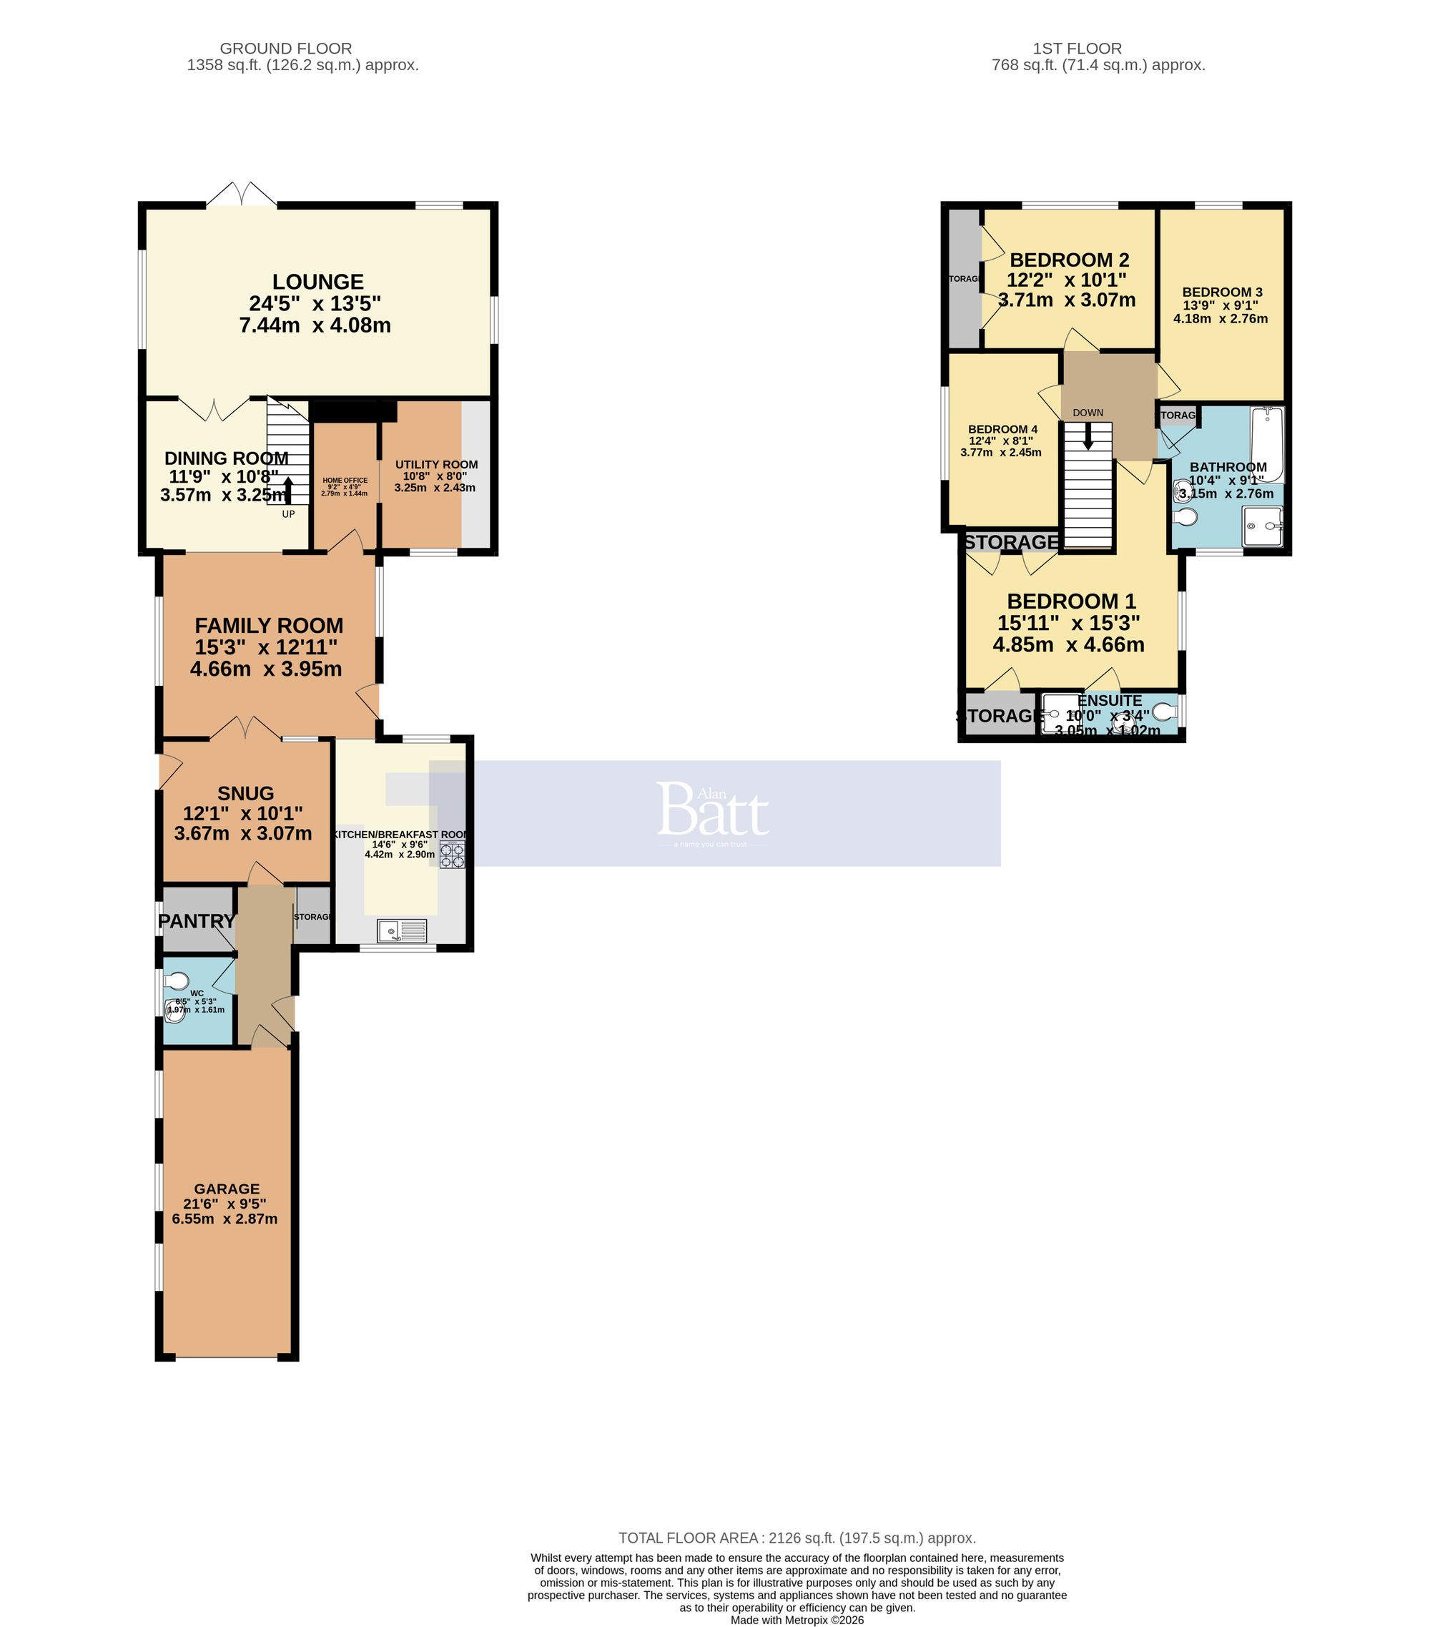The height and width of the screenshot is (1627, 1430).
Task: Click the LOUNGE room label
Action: pyautogui.click(x=317, y=282)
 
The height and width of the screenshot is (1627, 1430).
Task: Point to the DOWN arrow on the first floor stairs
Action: pyautogui.click(x=1087, y=436)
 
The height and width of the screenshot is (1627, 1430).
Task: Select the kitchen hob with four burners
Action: pyautogui.click(x=453, y=855)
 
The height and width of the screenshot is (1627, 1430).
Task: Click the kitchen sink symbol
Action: pyautogui.click(x=403, y=930)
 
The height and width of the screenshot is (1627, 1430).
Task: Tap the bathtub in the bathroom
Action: pyautogui.click(x=1267, y=445)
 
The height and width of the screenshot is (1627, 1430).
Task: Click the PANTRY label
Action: pyautogui.click(x=196, y=921)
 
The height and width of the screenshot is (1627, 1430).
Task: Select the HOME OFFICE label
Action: pyautogui.click(x=345, y=480)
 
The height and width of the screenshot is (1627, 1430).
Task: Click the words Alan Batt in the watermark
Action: pyautogui.click(x=713, y=809)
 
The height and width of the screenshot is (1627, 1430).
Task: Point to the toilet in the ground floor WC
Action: pyautogui.click(x=177, y=980)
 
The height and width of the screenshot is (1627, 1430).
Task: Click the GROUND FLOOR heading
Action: pyautogui.click(x=286, y=49)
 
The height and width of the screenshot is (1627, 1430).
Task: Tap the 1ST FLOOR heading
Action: pyautogui.click(x=1077, y=49)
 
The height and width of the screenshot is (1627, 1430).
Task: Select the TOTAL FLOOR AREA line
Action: pyautogui.click(x=797, y=1538)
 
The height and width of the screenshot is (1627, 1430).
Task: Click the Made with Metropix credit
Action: pyautogui.click(x=797, y=1620)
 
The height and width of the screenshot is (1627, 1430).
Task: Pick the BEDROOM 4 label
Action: pyautogui.click(x=1002, y=429)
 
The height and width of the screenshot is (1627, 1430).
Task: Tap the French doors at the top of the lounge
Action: pyautogui.click(x=242, y=195)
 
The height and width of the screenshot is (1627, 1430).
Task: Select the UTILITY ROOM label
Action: pyautogui.click(x=436, y=464)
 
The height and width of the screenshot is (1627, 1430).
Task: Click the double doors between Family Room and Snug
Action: pyautogui.click(x=245, y=727)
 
